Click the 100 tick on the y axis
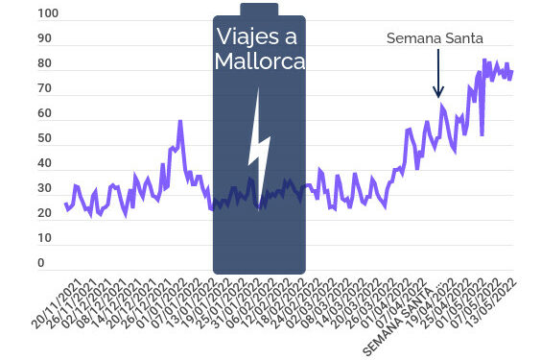tap(47, 14)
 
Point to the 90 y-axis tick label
tap(45, 39)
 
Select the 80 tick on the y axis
tap(45, 64)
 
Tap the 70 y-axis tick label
tap(45, 89)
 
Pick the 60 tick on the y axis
tap(45, 114)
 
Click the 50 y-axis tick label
tap(45, 139)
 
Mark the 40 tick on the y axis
tap(45, 164)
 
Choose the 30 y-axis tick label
tap(45, 189)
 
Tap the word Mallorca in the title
tap(259, 62)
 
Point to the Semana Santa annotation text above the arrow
tap(435, 38)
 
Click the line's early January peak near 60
tap(179, 122)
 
